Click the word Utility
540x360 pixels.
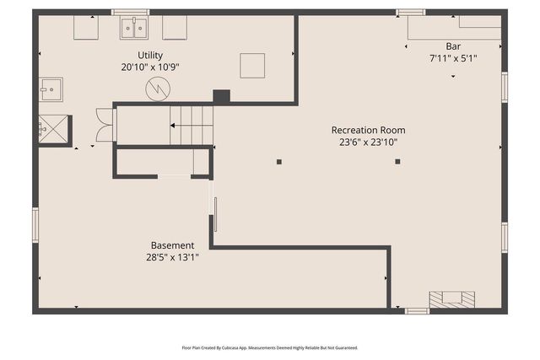(x=150, y=54)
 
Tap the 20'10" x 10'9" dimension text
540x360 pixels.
(x=150, y=67)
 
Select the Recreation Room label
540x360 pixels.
(x=368, y=130)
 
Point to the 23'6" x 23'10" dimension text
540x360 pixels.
(x=368, y=142)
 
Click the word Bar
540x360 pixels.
(x=453, y=46)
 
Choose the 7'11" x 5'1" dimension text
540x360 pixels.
(x=453, y=58)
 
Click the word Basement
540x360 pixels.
(x=171, y=245)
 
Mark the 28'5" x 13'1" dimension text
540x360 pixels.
(x=171, y=258)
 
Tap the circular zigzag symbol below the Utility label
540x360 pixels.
(x=158, y=89)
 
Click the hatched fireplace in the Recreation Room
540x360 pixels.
(x=451, y=299)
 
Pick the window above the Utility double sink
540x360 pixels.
(x=130, y=12)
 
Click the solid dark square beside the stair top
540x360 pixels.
(x=221, y=96)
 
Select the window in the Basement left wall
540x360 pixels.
(x=35, y=225)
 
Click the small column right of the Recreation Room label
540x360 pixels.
(x=397, y=161)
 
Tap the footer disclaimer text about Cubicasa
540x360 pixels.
(x=270, y=347)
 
